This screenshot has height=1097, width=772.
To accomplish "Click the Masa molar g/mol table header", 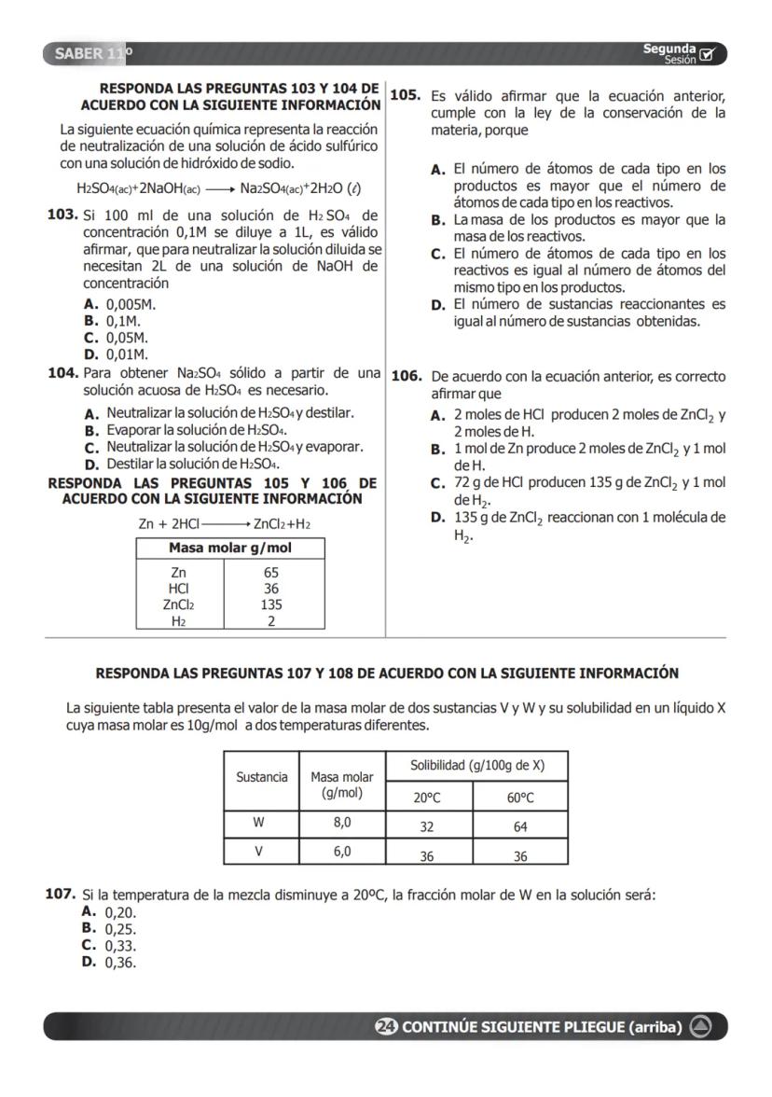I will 230,548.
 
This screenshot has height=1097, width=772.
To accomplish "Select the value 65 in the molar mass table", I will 271,572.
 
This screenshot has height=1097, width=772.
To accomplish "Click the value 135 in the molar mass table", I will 271,604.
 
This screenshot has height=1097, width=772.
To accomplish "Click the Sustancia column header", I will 261,777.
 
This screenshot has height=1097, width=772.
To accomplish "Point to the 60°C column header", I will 520,798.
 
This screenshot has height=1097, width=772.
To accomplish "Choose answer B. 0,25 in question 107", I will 110,928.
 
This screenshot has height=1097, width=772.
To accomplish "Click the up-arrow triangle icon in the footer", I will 701,1027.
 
